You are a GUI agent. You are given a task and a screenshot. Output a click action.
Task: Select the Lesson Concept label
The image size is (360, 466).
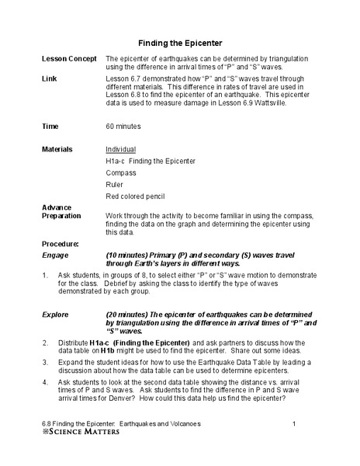pyautogui.click(x=69, y=59)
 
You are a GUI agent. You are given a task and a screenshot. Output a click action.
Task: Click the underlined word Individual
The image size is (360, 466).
pyautogui.click(x=121, y=149)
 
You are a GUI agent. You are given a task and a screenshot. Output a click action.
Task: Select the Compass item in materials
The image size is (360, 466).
pyautogui.click(x=119, y=173)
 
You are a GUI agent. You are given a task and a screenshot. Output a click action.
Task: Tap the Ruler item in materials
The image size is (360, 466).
pyautogui.click(x=115, y=186)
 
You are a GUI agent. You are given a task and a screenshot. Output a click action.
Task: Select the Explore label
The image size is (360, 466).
pyautogui.click(x=56, y=314)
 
